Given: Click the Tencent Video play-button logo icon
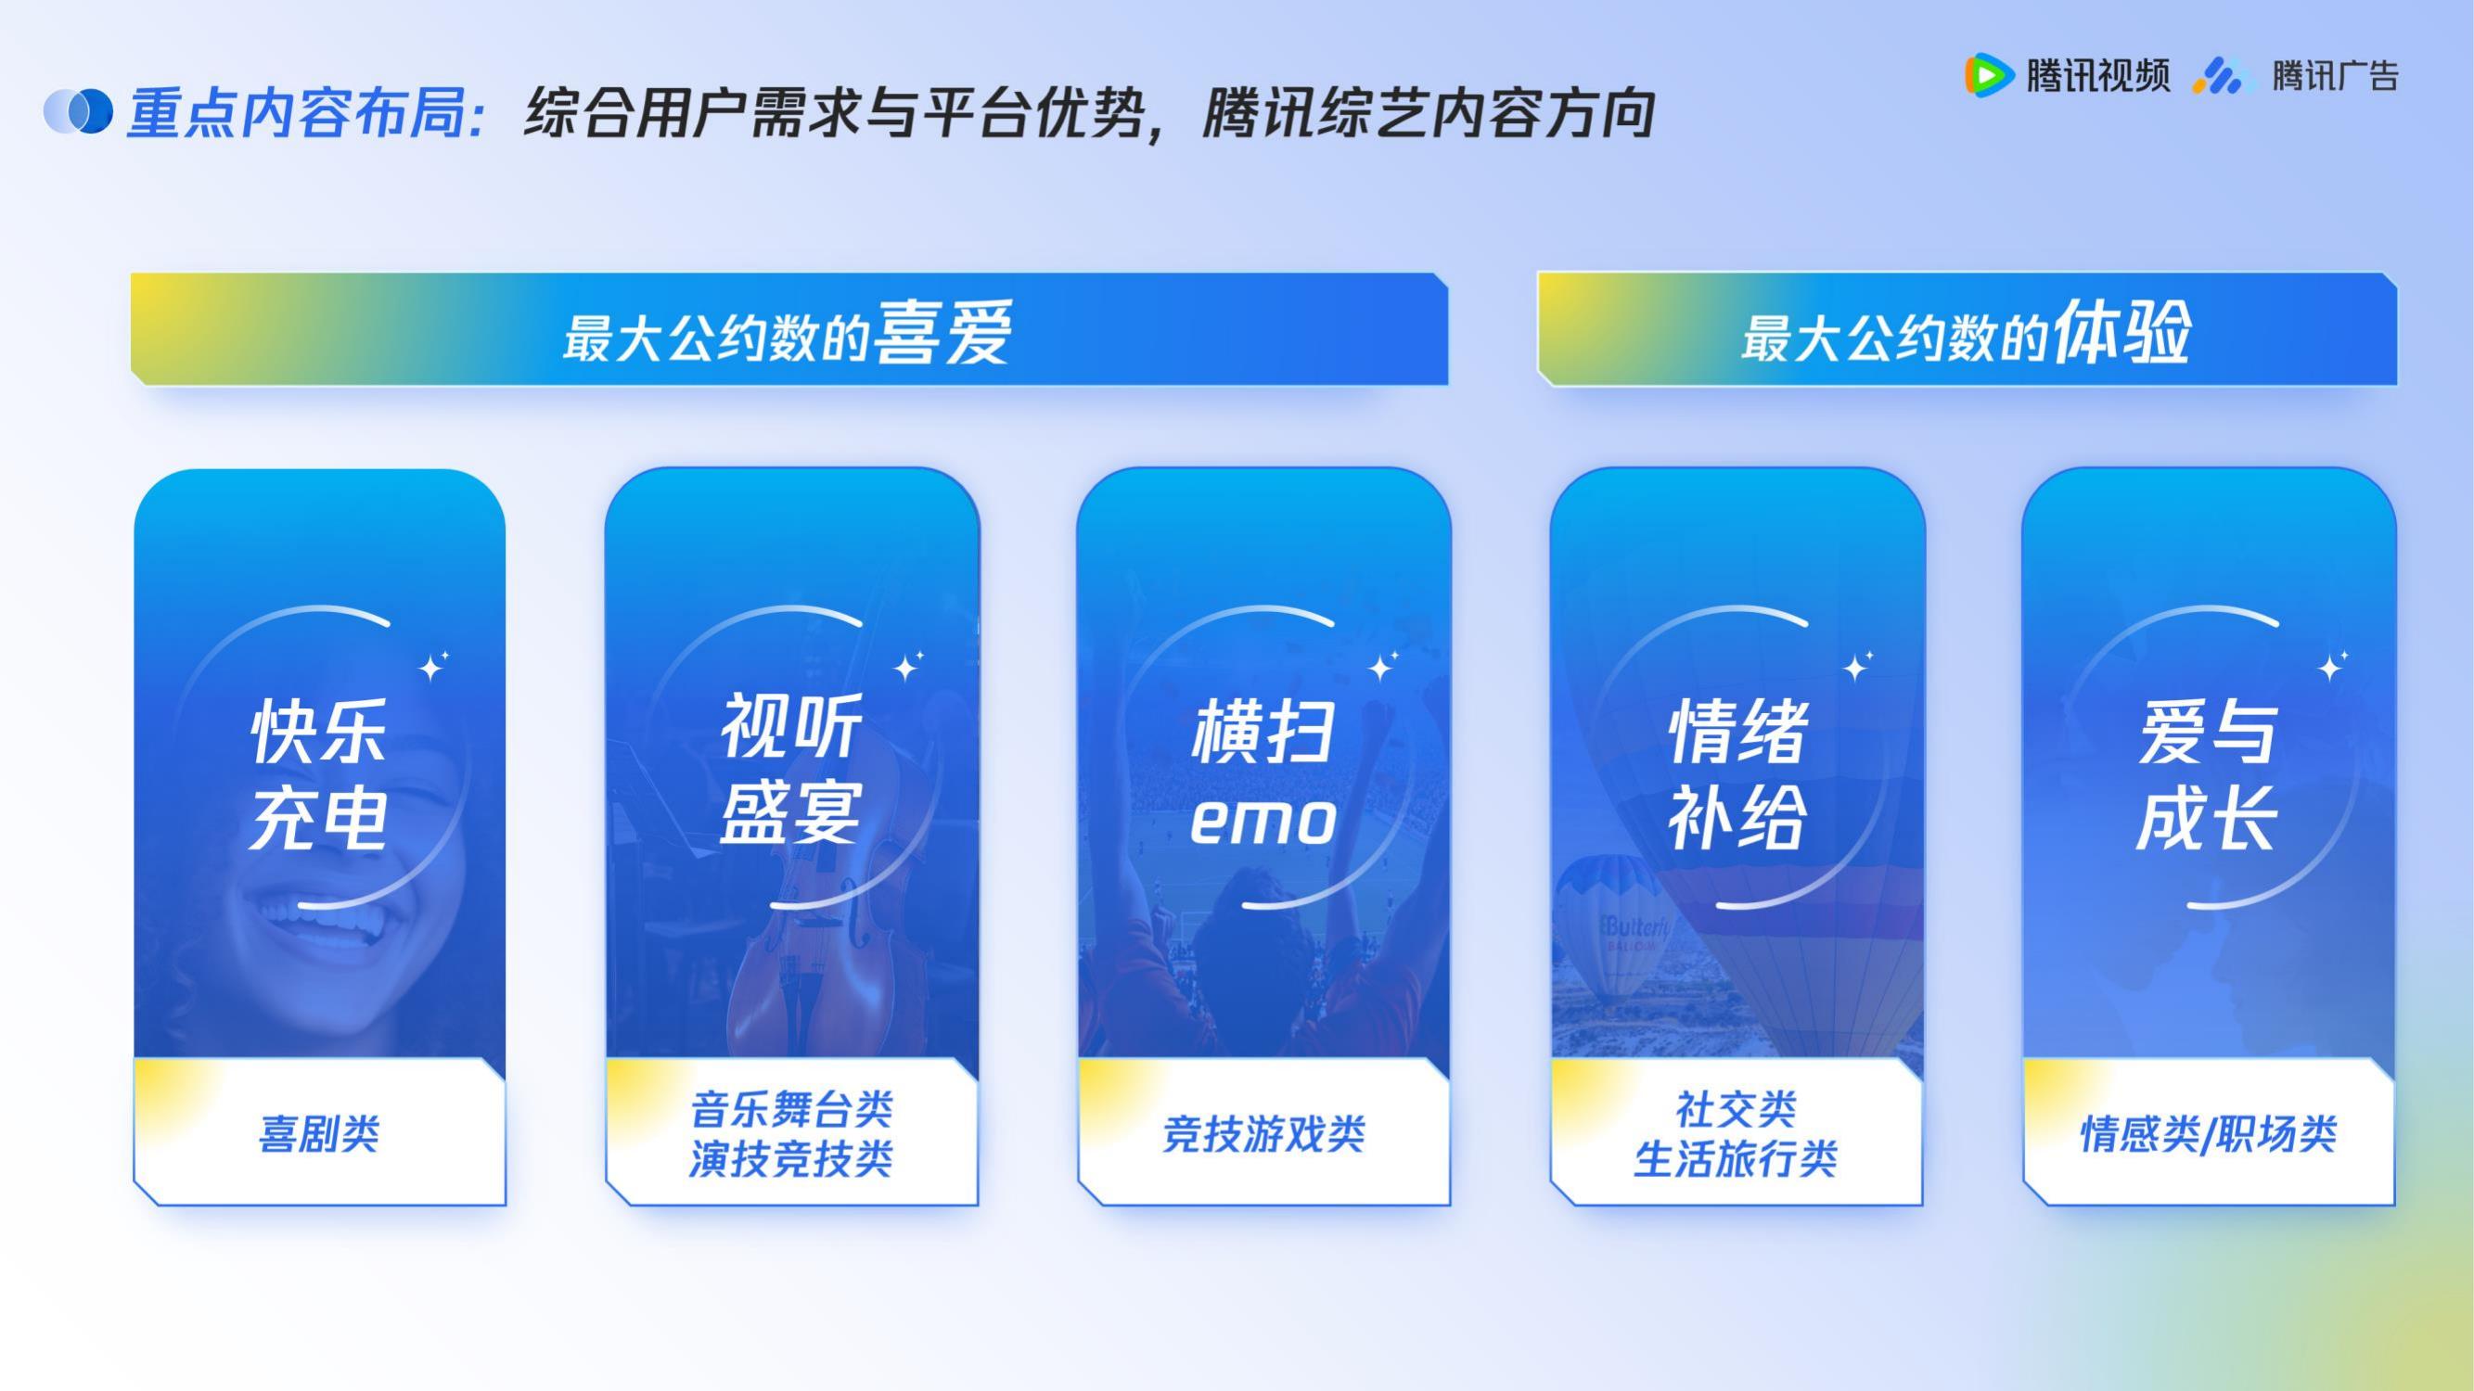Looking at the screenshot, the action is pos(1989,75).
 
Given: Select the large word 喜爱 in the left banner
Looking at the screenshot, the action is pos(942,332).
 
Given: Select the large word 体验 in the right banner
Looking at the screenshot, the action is pos(2121,331).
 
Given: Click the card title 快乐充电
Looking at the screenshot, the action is pos(319,773).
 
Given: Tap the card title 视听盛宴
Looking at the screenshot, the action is pos(791,770).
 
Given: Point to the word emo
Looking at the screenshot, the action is pos(1263,822).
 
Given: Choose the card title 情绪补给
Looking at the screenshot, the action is pos(1737,773).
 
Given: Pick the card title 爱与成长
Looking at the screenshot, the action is pos(2208,774).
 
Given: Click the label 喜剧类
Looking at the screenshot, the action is pos(319,1134).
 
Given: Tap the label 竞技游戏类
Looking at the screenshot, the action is pos(1263,1134).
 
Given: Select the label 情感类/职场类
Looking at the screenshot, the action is pos(2208,1134).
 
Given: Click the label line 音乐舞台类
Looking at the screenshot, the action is pos(791,1110).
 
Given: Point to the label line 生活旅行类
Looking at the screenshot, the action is pos(1736,1158).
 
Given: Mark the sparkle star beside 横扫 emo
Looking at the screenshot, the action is pos(1384,664).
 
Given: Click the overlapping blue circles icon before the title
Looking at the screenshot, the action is pos(78,112).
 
